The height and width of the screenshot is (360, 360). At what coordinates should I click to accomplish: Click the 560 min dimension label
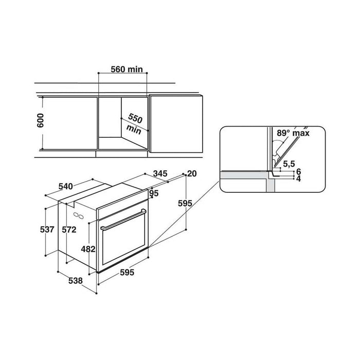[x=127, y=69]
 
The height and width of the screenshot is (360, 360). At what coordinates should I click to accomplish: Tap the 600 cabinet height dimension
[x=41, y=120]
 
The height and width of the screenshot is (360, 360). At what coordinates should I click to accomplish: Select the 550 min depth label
[x=134, y=124]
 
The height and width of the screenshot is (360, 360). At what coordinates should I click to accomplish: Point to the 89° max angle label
[x=293, y=133]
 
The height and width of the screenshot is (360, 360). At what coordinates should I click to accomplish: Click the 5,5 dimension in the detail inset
[x=289, y=164]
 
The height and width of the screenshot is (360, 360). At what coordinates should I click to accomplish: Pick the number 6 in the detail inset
[x=298, y=171]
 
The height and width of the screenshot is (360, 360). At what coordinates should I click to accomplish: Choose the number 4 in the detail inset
[x=298, y=178]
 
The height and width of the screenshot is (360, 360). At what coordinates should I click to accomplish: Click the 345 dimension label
[x=160, y=174]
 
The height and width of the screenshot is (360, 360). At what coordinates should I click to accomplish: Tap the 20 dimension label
[x=192, y=174]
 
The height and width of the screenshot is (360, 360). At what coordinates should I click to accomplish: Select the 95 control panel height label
[x=154, y=193]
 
